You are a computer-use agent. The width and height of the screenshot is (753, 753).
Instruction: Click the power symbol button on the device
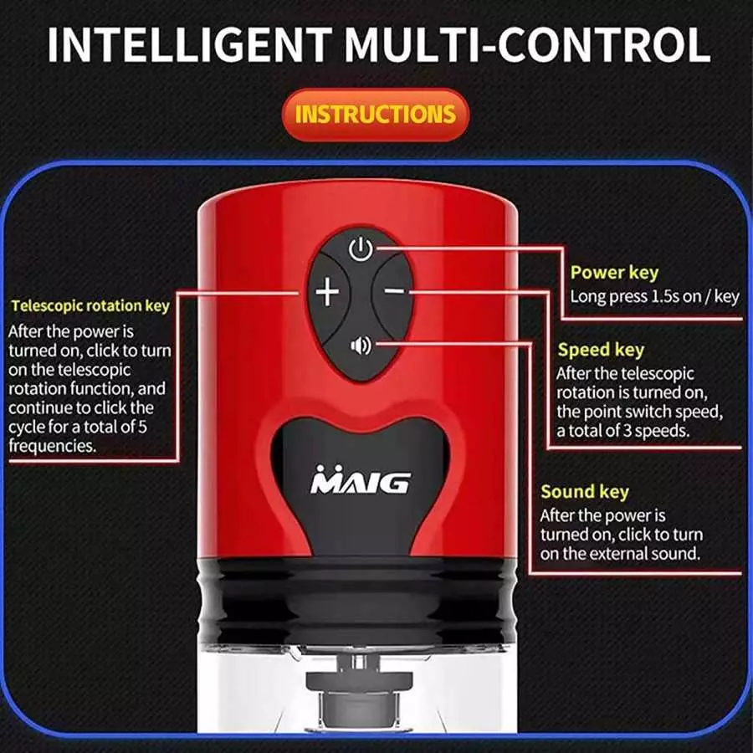coord(361,248)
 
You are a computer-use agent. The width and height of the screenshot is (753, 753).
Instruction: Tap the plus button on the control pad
coord(327,292)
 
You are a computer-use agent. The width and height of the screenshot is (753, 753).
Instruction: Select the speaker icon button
coord(361,346)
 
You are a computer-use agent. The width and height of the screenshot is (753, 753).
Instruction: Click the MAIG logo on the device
coord(360,479)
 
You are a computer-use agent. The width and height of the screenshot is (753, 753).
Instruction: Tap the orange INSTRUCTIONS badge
coord(376,115)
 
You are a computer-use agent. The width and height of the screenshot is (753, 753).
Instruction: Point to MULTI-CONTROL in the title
coord(527,44)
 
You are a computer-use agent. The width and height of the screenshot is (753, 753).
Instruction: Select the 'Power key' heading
coord(614,273)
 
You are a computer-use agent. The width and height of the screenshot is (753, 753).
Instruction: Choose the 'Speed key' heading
coord(601,350)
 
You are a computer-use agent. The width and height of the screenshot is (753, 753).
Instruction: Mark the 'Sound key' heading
coord(585,492)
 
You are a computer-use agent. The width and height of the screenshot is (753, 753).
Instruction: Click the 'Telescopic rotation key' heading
coord(90,306)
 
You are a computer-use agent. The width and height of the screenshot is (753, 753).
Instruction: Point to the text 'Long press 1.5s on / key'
coord(654,296)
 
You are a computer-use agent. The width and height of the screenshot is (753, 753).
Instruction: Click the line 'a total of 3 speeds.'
coord(622,430)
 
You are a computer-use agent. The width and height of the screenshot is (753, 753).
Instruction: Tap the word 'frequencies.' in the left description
coord(53,446)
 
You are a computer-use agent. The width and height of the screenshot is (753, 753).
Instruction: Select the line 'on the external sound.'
coord(620,553)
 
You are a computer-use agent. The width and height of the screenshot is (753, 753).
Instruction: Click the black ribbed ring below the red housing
coord(358,600)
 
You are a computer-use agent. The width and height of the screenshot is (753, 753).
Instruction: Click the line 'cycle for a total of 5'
coord(77,427)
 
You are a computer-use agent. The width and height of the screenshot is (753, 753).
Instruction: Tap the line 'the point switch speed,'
coord(640,412)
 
